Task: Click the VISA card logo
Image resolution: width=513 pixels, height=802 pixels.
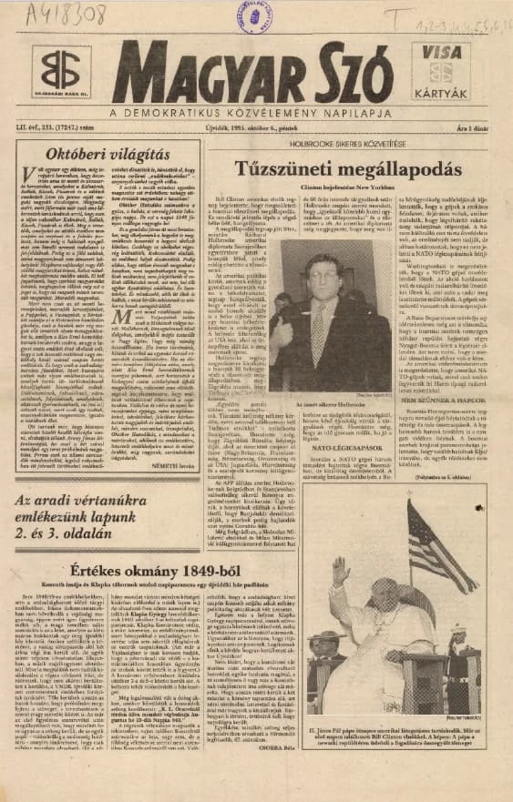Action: coord(443,54)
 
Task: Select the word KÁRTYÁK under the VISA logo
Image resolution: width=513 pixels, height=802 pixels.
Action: coord(444,94)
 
